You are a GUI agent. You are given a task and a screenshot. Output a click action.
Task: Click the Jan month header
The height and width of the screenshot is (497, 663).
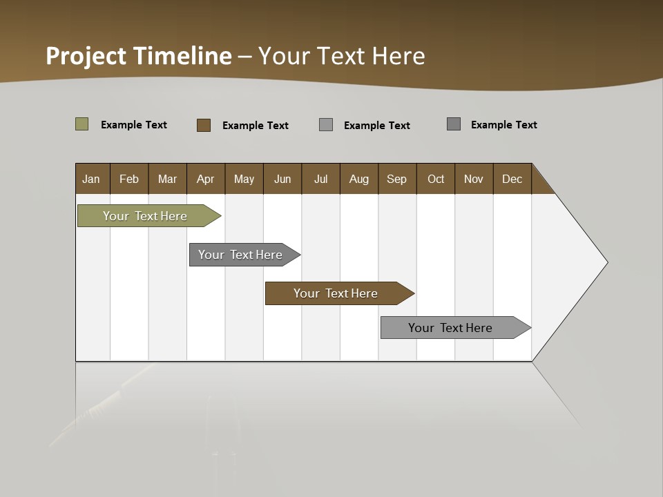point(92,179)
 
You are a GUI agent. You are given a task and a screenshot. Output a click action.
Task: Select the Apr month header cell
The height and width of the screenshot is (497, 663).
point(206,179)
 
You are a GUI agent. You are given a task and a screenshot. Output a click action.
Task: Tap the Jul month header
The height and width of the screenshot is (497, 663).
point(321,179)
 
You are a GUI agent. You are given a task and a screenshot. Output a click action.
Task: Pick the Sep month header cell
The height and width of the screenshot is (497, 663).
point(397,179)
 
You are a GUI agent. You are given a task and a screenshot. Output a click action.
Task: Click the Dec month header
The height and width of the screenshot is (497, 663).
point(512,179)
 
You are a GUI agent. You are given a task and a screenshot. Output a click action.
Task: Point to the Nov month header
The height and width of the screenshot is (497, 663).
point(474,179)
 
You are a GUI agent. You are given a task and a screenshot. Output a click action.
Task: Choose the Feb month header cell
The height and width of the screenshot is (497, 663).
point(129,179)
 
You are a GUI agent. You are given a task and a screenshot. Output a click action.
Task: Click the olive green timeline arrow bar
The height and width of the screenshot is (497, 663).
point(145,216)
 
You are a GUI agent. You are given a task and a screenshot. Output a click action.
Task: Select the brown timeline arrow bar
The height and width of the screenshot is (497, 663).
point(336,293)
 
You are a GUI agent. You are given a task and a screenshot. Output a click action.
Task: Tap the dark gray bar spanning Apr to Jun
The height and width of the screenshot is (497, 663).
point(240,255)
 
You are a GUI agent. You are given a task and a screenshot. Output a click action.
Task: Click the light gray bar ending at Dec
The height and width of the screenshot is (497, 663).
point(450,328)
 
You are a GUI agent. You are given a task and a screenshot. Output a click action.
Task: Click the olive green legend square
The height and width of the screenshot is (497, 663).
point(82,124)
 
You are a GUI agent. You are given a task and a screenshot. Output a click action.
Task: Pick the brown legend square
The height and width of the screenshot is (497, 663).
point(204,125)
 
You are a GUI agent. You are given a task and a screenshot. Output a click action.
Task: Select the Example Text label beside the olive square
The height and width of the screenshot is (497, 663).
point(134,125)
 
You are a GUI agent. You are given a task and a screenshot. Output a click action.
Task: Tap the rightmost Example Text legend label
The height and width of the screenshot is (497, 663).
point(504,125)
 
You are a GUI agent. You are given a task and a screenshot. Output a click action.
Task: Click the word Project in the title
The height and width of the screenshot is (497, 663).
point(86,56)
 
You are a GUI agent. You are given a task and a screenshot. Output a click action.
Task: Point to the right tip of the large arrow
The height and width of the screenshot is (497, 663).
point(606,262)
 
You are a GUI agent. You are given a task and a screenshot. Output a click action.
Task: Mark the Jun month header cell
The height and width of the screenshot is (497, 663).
point(282,179)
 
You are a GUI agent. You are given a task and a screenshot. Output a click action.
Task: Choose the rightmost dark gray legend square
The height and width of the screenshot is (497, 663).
point(454,124)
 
